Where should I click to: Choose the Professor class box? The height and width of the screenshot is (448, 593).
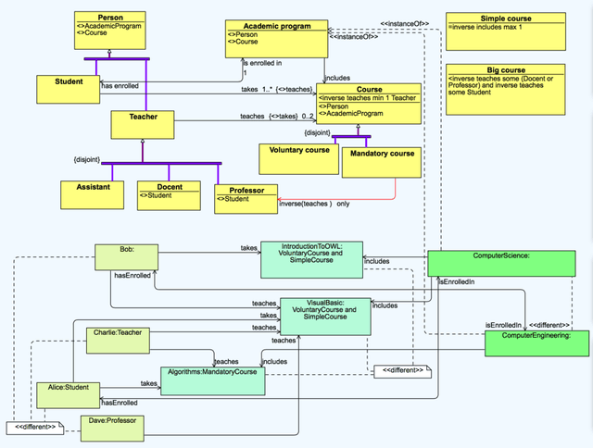click(x=246, y=199)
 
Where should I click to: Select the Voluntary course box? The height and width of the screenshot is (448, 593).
click(x=298, y=158)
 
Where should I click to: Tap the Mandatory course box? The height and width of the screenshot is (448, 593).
click(x=381, y=162)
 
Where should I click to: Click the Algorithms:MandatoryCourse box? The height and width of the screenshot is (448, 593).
click(x=213, y=380)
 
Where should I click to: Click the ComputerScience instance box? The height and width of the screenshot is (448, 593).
click(x=500, y=263)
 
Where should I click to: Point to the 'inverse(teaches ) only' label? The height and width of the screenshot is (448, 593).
click(x=314, y=204)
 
